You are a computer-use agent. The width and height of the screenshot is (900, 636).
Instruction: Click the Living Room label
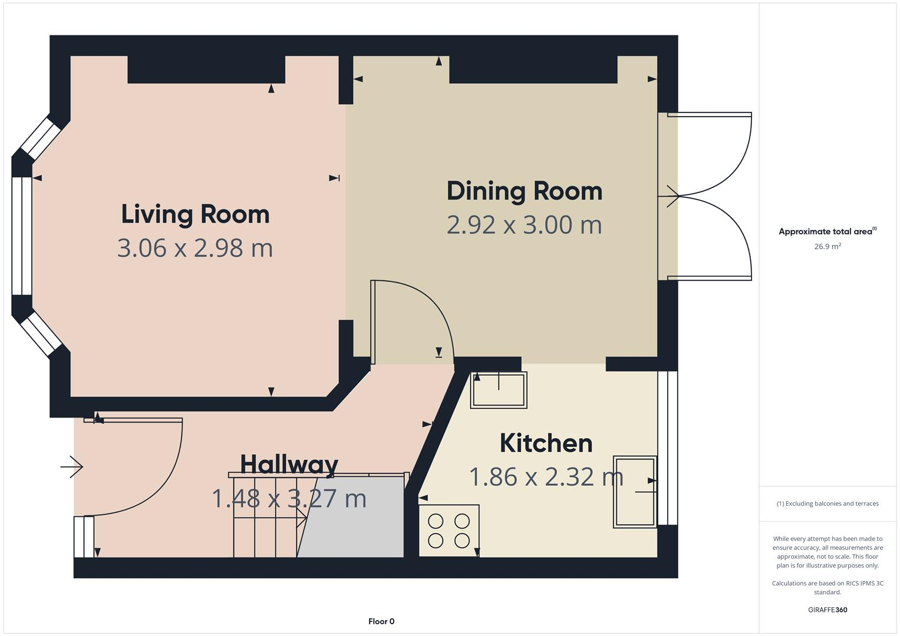click(x=195, y=214)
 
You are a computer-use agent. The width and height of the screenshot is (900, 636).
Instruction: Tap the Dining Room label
click(x=524, y=191)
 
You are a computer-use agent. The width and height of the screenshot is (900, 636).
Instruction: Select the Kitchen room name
click(x=546, y=443)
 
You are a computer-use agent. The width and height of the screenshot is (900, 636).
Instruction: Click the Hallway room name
click(x=289, y=464)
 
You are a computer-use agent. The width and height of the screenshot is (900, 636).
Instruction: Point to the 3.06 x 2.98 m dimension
click(x=195, y=248)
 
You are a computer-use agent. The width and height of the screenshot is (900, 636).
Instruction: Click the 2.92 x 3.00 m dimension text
click(x=524, y=225)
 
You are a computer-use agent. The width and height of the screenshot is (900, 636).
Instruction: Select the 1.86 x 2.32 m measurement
click(x=546, y=477)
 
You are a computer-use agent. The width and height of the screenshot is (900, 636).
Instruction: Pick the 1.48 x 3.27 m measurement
click(x=289, y=499)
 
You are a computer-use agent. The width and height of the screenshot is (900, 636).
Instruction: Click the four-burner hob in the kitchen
click(x=449, y=531)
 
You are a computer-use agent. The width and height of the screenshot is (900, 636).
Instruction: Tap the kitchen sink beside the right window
click(x=635, y=492)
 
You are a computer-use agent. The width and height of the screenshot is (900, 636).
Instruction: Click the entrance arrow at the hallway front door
click(x=72, y=467)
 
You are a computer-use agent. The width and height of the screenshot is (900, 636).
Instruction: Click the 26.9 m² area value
click(x=827, y=247)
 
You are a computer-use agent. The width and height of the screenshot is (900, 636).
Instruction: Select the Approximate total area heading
click(x=827, y=231)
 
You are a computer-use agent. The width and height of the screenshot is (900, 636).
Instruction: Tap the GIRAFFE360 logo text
click(x=827, y=609)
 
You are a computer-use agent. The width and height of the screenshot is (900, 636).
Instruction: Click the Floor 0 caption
click(x=381, y=621)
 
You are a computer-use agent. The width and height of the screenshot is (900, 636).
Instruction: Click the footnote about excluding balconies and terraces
click(x=827, y=503)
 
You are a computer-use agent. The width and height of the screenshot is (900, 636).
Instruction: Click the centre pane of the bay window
click(x=22, y=236)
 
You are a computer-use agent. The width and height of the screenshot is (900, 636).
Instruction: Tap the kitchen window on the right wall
click(x=667, y=448)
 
